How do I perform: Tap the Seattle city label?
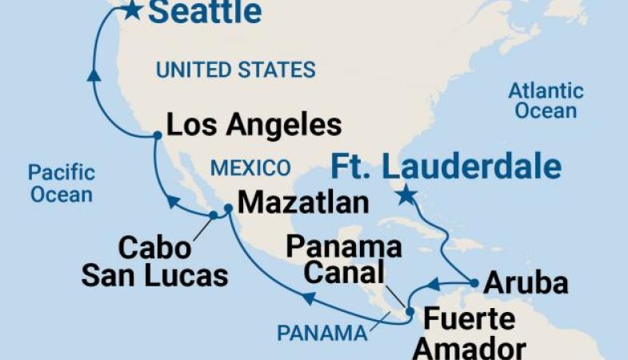pos(205,11)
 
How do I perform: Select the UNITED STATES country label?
pos(235,70)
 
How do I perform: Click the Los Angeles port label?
pos(254,125)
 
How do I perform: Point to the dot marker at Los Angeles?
pos(158,136)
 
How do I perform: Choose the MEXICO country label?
pos(250,168)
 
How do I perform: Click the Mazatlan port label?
pos(303,202)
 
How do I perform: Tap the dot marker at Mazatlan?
pos(228,208)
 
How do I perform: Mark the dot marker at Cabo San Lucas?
pos(213,214)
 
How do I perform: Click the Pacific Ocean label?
pos(61,182)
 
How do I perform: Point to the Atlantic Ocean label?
pos(546,101)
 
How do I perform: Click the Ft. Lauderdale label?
pos(446,167)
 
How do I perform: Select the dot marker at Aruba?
pos(475,282)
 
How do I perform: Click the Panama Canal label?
pos(344,260)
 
